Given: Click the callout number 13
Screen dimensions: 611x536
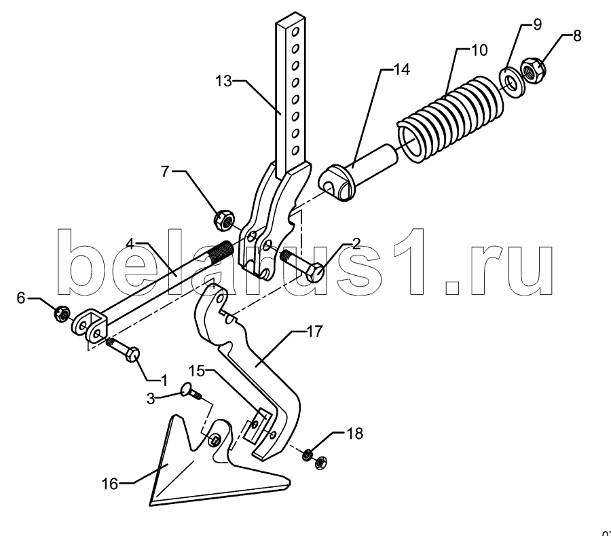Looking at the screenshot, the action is pyautogui.click(x=223, y=81).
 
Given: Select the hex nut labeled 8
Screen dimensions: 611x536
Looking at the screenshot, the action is pyautogui.click(x=534, y=70).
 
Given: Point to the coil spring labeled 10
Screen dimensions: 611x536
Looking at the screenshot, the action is pyautogui.click(x=450, y=120).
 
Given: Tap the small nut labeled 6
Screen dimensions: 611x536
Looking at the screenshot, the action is pyautogui.click(x=62, y=313).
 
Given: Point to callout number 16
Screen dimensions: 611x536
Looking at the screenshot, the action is pyautogui.click(x=110, y=484).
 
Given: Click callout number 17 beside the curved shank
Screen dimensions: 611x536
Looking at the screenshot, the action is pyautogui.click(x=315, y=332).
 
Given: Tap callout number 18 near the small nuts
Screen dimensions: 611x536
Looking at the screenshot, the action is pyautogui.click(x=354, y=433).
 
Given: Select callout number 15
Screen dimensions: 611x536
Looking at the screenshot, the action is pyautogui.click(x=198, y=371).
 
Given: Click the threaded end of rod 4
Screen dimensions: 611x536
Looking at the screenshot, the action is pyautogui.click(x=220, y=251).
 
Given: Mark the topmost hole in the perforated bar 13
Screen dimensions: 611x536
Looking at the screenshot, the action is pyautogui.click(x=296, y=31).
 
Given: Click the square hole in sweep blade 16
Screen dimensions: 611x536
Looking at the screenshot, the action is pyautogui.click(x=215, y=440).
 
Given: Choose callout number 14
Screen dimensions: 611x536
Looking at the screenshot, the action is pyautogui.click(x=402, y=69).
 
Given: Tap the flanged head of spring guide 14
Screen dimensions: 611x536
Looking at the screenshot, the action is pyautogui.click(x=335, y=183).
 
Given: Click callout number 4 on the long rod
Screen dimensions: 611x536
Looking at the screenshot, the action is pyautogui.click(x=130, y=245).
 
